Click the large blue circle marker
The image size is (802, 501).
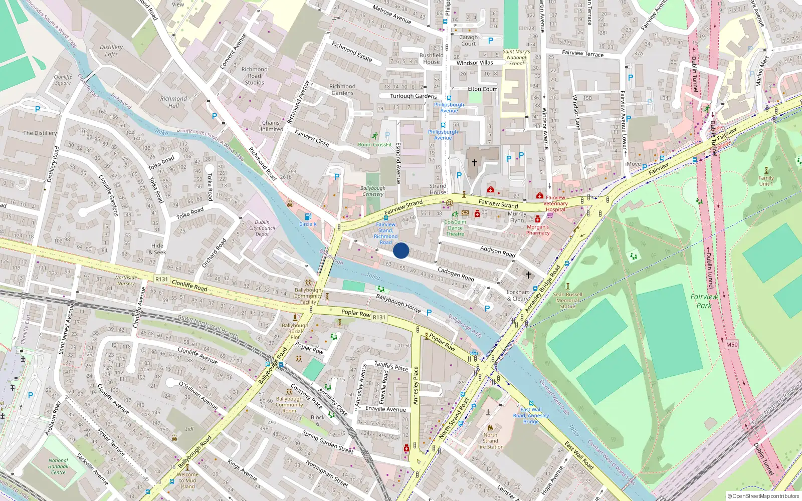[x=401, y=250]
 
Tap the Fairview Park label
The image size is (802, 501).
[x=704, y=301]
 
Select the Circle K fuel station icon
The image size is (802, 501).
[x=308, y=216]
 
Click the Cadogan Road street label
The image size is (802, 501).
[x=456, y=274]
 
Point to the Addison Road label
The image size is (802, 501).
[x=497, y=252]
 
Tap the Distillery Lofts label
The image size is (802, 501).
[x=111, y=51]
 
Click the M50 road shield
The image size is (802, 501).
[x=732, y=344]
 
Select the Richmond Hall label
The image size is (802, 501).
[x=173, y=102]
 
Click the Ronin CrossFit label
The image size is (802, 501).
[x=374, y=145]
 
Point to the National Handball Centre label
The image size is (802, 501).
[x=58, y=466]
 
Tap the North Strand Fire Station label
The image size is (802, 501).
[x=490, y=441]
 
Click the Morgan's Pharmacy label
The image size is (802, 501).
[x=538, y=230]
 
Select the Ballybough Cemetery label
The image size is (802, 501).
[x=373, y=191]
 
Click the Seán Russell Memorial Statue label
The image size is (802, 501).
[x=567, y=301]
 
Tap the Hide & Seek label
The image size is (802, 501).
[x=157, y=249]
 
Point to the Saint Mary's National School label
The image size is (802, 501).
[x=516, y=58]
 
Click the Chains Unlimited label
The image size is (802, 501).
[x=271, y=126]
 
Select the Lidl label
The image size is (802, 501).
[x=189, y=429]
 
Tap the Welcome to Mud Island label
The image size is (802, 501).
[x=187, y=480]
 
